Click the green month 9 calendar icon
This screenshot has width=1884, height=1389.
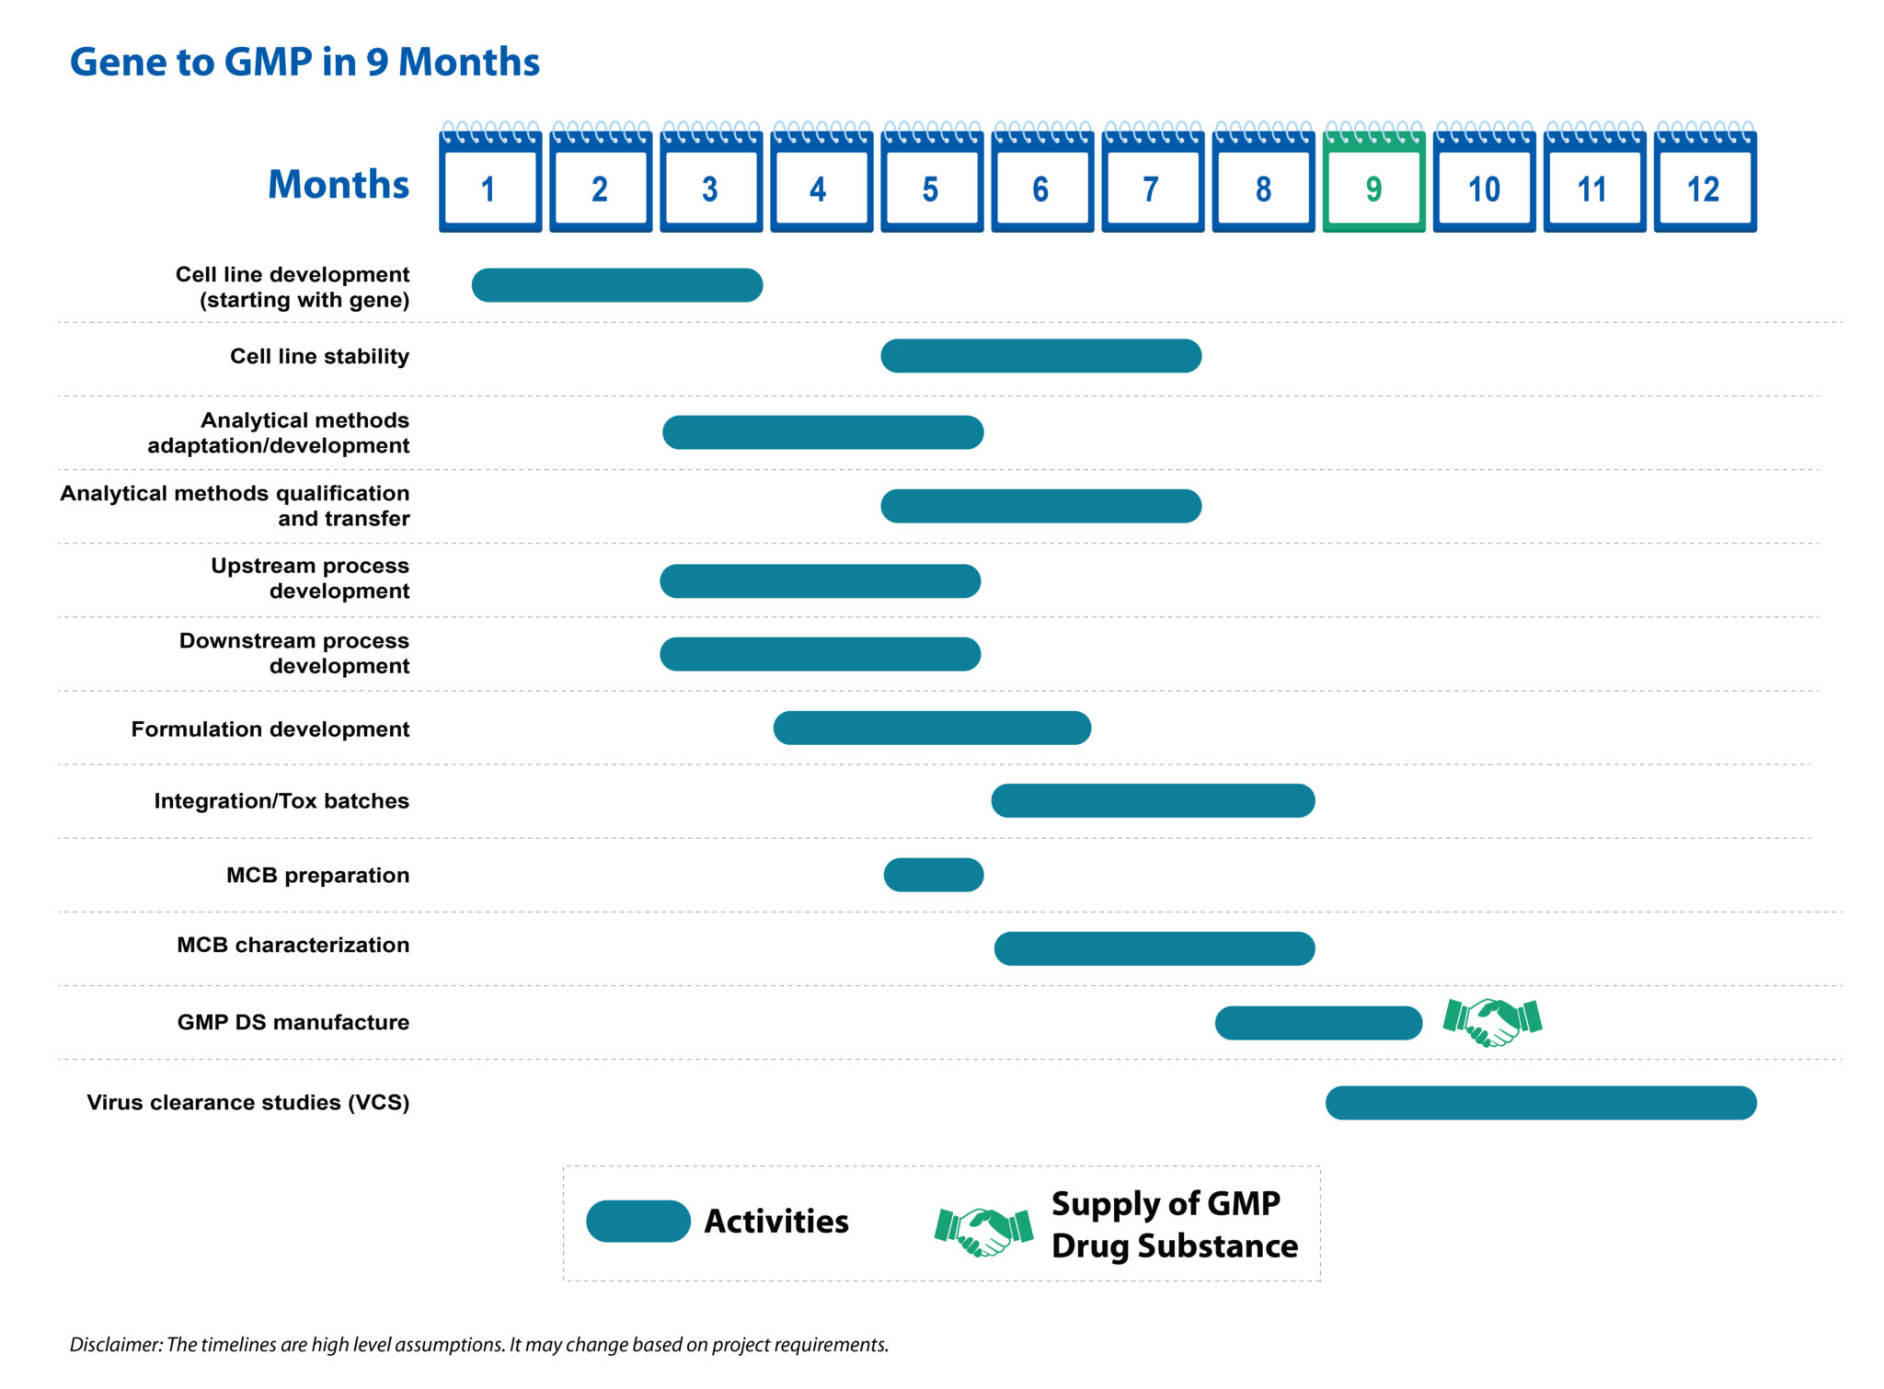(1373, 181)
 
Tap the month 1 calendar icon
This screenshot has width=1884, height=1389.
(489, 181)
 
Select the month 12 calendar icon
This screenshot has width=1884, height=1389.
(1705, 181)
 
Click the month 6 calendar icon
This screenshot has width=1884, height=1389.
(1041, 181)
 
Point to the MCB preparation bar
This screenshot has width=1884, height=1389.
(934, 875)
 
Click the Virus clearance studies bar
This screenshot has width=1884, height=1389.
(1541, 1103)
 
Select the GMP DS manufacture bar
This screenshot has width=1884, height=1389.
(1318, 1023)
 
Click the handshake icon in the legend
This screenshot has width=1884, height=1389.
(983, 1231)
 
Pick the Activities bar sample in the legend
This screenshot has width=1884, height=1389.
(638, 1222)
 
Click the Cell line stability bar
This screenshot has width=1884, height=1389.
(1040, 356)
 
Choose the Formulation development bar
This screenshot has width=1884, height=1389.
(932, 728)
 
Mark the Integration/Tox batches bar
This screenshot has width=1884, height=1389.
(1153, 800)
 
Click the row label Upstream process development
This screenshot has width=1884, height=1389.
(310, 579)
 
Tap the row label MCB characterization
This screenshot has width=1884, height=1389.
(293, 945)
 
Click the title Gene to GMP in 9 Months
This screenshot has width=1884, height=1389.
(304, 62)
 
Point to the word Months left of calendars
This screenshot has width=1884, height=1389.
(338, 184)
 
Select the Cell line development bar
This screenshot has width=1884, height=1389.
(616, 285)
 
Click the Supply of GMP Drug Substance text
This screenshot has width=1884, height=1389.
(1174, 1224)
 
